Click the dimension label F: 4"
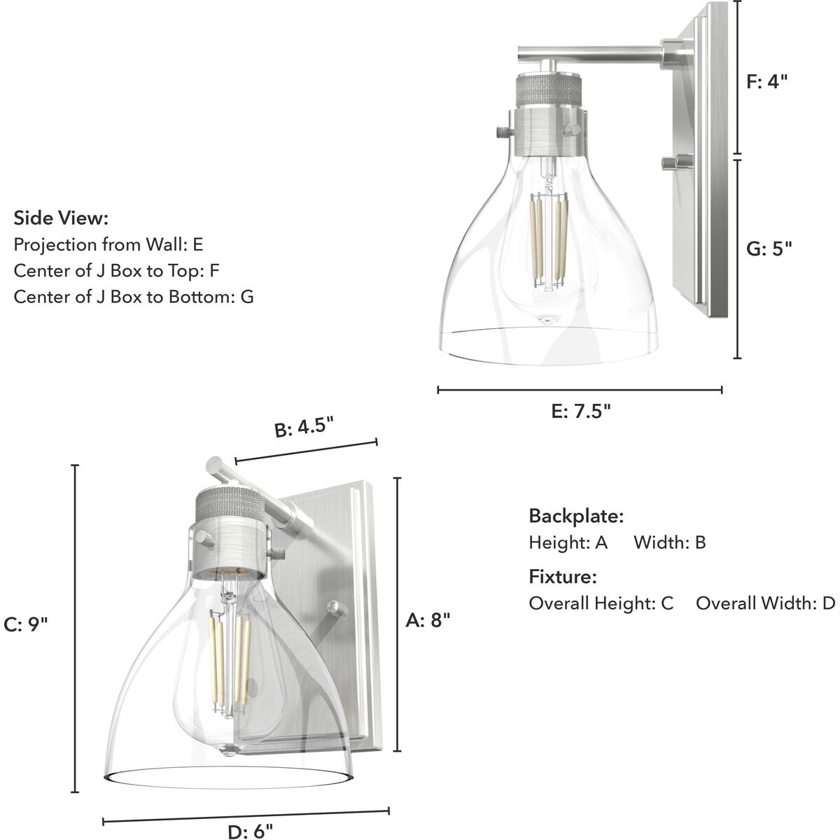tap(767, 81)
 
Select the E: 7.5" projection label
tap(581, 411)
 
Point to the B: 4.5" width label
tap(304, 427)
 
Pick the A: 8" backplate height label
tap(428, 619)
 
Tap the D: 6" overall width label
tap(250, 832)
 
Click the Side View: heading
tap(61, 218)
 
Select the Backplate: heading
tap(575, 517)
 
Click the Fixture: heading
tap(562, 577)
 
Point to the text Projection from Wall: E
tap(108, 244)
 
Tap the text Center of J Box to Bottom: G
tap(134, 296)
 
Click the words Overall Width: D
tap(765, 603)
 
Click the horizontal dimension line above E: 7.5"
tap(580, 390)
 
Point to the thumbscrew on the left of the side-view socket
tap(500, 131)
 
